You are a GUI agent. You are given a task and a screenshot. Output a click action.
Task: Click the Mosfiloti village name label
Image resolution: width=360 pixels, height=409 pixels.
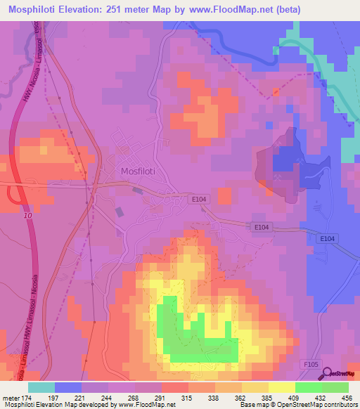pyautogui.click(x=136, y=171)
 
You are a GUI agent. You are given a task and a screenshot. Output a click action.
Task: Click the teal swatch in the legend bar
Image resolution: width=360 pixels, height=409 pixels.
pyautogui.click(x=41, y=387)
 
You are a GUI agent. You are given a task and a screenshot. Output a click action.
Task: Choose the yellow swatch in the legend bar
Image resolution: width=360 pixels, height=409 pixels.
pyautogui.click(x=281, y=387)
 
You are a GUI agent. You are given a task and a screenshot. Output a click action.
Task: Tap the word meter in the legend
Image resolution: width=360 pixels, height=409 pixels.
pyautogui.click(x=10, y=397)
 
